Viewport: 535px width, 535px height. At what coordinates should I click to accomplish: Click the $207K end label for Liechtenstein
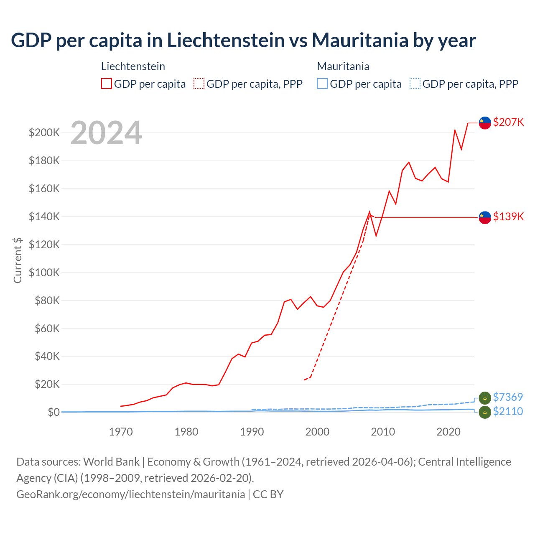tap(508, 122)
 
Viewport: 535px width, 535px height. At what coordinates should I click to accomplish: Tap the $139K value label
tap(508, 217)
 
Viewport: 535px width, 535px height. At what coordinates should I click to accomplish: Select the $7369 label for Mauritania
tap(508, 397)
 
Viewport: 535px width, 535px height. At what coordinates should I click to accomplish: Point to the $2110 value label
tap(508, 411)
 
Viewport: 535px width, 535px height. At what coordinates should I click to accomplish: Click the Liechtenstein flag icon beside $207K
tap(485, 123)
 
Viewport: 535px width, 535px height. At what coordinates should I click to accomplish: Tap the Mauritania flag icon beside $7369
tap(485, 398)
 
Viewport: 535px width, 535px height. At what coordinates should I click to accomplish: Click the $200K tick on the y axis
tap(44, 133)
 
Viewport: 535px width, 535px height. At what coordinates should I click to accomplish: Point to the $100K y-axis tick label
tap(44, 273)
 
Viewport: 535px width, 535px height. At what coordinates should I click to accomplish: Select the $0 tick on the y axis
tap(53, 412)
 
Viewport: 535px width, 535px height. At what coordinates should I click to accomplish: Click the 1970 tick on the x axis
tap(121, 432)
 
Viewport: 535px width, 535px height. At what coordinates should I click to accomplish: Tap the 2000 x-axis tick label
tap(317, 432)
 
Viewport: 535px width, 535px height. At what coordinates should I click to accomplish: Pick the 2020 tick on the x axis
tap(448, 432)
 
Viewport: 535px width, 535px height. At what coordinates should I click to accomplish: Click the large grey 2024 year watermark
tap(106, 133)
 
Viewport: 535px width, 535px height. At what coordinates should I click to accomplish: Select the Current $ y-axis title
tap(18, 260)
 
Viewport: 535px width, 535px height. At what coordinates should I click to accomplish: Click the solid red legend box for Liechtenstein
tap(107, 84)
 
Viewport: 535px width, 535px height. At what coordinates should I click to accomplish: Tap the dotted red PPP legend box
tap(199, 84)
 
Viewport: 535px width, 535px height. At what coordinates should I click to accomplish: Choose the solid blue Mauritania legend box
tap(322, 84)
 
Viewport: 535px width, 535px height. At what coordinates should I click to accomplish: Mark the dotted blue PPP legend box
tap(415, 84)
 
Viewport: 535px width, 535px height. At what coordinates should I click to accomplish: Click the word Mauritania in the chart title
tap(360, 41)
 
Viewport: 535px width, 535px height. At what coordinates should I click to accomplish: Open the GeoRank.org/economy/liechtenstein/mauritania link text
tap(130, 494)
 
